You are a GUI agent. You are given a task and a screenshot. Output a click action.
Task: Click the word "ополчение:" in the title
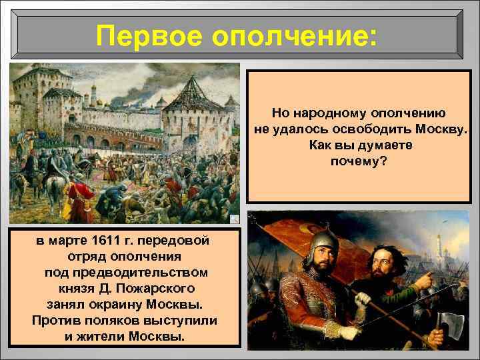[294, 35]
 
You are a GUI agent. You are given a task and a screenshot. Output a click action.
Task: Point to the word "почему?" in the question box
[359, 161]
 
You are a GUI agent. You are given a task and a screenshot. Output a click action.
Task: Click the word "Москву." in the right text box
[438, 129]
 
